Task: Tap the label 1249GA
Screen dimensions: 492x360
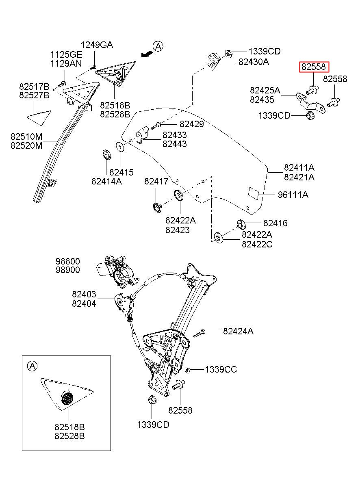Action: click(x=97, y=45)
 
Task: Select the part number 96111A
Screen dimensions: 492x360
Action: click(x=293, y=195)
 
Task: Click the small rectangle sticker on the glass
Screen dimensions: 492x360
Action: click(x=254, y=193)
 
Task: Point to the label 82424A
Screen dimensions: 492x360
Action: click(x=238, y=332)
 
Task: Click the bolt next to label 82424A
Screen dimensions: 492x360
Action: click(x=200, y=334)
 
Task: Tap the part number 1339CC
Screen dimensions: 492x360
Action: click(x=221, y=370)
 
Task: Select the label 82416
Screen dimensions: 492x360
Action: click(x=275, y=223)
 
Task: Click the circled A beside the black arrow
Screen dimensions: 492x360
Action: click(x=158, y=46)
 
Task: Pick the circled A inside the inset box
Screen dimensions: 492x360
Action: click(x=32, y=366)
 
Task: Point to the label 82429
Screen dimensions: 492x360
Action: click(x=192, y=124)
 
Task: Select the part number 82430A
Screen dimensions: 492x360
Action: click(x=254, y=62)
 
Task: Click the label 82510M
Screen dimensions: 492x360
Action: click(x=26, y=137)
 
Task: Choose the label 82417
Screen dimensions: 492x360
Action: click(x=156, y=182)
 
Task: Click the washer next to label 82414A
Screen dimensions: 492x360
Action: click(x=106, y=154)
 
